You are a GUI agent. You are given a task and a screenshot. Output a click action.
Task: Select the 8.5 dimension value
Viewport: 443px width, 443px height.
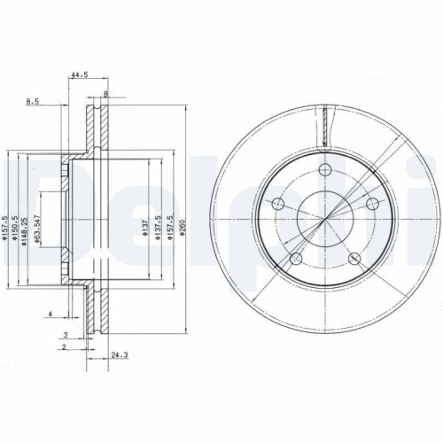pyautogui.click(x=33, y=103)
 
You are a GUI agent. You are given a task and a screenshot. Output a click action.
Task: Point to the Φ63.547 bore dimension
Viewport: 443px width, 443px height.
pyautogui.click(x=39, y=228)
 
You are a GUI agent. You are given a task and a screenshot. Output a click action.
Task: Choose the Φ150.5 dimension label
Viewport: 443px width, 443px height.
pyautogui.click(x=17, y=228)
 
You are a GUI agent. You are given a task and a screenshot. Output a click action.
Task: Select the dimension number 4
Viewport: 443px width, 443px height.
pyautogui.click(x=51, y=315)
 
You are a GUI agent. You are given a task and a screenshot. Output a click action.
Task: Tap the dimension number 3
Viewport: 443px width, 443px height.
pyautogui.click(x=65, y=334)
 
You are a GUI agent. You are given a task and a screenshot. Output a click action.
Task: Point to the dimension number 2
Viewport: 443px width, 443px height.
pyautogui.click(x=65, y=347)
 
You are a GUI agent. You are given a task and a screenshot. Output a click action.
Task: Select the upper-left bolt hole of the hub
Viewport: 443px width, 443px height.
pyautogui.click(x=278, y=205)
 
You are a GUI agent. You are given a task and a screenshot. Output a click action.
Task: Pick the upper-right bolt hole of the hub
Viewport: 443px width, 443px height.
pyautogui.click(x=373, y=205)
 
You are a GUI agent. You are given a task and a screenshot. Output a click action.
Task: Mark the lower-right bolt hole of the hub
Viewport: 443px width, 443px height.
pyautogui.click(x=355, y=260)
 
